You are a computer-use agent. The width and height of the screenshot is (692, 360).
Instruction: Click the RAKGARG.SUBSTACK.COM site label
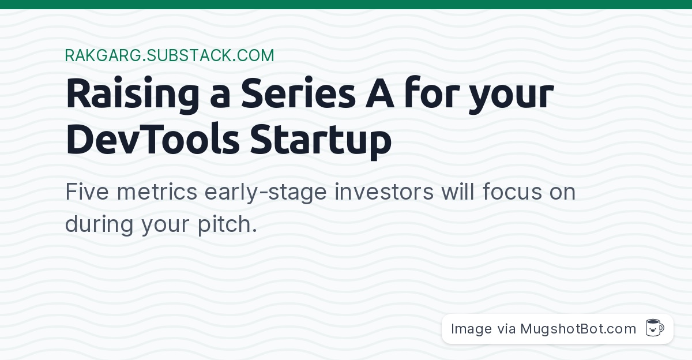[170, 55]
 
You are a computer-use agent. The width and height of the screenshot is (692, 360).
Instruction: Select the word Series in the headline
[299, 93]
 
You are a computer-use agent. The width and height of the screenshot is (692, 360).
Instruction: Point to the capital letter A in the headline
[379, 93]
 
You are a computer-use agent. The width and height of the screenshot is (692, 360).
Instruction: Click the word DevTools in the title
[153, 138]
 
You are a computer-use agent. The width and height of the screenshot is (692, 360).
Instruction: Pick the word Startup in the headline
[321, 141]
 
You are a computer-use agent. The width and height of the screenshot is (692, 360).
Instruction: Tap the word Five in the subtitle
[87, 192]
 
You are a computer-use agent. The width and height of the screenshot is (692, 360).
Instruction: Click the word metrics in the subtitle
[157, 192]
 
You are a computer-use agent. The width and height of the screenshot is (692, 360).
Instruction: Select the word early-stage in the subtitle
[266, 193]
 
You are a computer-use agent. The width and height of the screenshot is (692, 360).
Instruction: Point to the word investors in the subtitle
[384, 192]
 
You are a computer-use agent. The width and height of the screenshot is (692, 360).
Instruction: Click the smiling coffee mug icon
[655, 328]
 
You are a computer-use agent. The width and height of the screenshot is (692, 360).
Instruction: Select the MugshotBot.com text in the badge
[578, 329]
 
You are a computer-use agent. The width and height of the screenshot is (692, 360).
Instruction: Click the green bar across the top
[346, 4]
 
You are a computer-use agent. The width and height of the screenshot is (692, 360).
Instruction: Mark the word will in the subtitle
[458, 192]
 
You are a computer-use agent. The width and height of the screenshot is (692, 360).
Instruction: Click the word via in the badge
[506, 329]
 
